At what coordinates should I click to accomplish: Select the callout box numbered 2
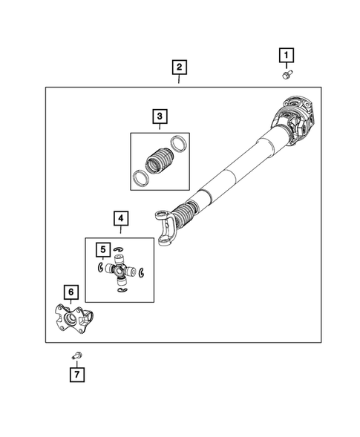[178, 68]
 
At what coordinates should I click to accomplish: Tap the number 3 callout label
[158, 116]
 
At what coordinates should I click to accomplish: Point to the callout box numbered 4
[120, 219]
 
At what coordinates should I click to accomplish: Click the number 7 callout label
[76, 375]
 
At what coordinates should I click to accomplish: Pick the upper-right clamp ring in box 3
[178, 142]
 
